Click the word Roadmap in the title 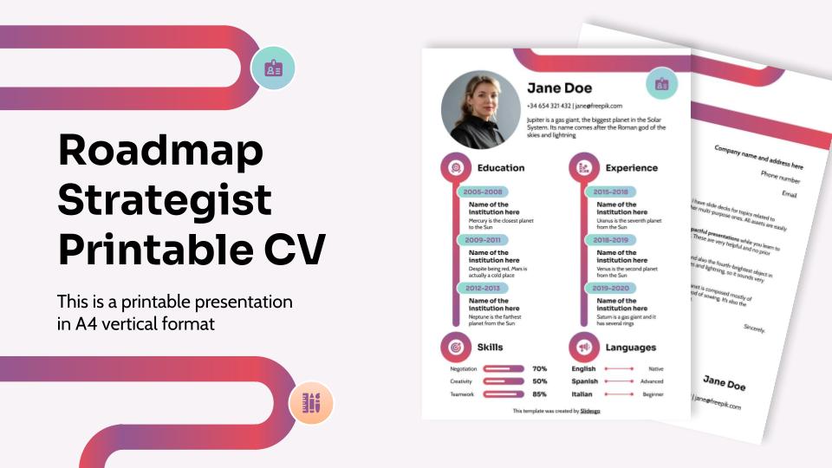tap(160, 152)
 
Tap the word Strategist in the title tap(165, 200)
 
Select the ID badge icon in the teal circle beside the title tap(273, 68)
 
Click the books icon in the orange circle tap(311, 403)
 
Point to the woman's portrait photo tap(479, 110)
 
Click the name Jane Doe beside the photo tap(560, 88)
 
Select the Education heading tap(501, 168)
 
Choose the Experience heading tap(631, 168)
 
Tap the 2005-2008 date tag tap(483, 192)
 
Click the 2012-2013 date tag tap(483, 288)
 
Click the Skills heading tap(490, 347)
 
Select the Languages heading tap(630, 347)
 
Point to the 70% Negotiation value tap(539, 368)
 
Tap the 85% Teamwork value tap(539, 394)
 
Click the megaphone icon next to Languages tap(583, 347)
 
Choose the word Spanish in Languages tap(584, 381)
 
